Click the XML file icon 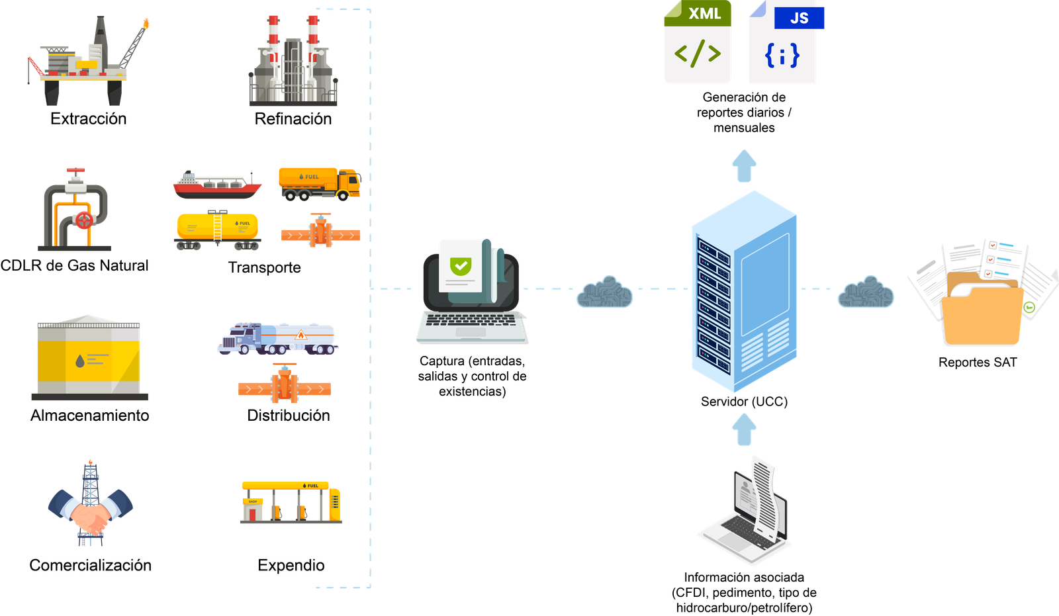pyautogui.click(x=698, y=44)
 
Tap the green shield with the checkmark pyautogui.click(x=461, y=266)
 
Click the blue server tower pyautogui.click(x=743, y=291)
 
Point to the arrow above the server pyautogui.click(x=745, y=165)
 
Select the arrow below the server pyautogui.click(x=745, y=429)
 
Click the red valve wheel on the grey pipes pyautogui.click(x=84, y=220)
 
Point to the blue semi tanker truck pyautogui.click(x=278, y=338)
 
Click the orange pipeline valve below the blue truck pyautogui.click(x=285, y=386)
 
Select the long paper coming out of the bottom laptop pyautogui.click(x=764, y=496)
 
